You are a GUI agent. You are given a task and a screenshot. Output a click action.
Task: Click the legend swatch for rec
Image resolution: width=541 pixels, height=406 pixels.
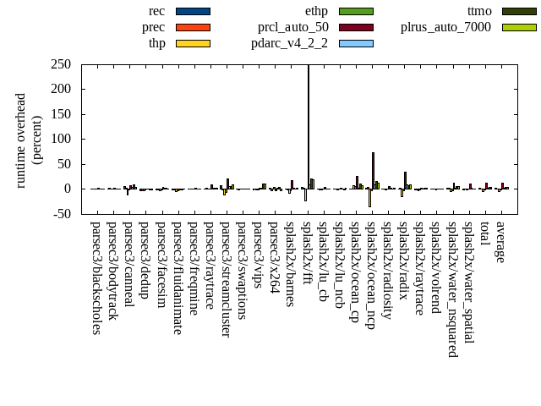click(x=193, y=11)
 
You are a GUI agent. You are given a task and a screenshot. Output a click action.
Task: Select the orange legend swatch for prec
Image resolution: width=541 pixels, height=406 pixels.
click(x=193, y=27)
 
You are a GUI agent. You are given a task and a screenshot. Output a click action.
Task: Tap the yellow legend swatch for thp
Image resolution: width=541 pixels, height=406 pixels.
click(x=193, y=43)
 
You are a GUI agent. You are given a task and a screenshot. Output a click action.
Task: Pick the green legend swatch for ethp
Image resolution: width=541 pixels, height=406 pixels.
click(x=356, y=11)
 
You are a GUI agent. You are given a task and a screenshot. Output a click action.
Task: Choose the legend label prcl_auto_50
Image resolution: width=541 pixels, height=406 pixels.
click(x=292, y=27)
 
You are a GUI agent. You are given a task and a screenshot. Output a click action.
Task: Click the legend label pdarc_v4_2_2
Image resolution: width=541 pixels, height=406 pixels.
click(x=289, y=43)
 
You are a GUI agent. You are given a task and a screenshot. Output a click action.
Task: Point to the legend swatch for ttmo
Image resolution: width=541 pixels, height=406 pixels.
click(x=519, y=11)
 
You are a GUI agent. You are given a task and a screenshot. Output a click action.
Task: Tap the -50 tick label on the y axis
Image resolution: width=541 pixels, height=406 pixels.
click(x=60, y=214)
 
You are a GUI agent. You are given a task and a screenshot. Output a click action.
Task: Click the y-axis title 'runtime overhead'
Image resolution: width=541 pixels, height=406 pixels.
click(x=21, y=140)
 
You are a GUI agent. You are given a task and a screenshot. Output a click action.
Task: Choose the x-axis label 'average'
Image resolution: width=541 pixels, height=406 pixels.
click(x=500, y=241)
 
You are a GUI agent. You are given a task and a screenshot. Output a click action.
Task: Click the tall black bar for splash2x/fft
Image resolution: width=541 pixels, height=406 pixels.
click(x=309, y=127)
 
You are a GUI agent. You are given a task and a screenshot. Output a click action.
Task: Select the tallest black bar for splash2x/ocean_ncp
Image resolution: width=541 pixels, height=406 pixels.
click(x=373, y=170)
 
